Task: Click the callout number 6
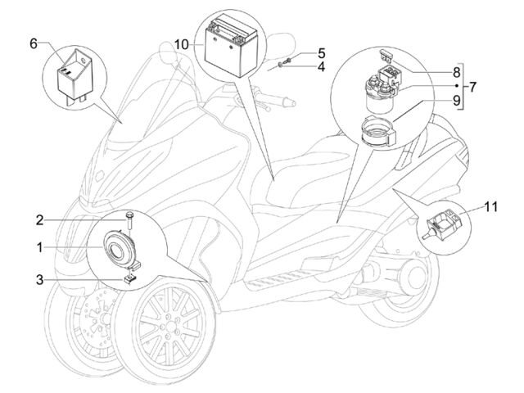pos(34,43)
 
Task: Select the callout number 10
pos(182,44)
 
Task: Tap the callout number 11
pos(491,207)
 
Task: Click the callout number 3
pos(40,280)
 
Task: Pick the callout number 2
pos(40,220)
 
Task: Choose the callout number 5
pos(321,53)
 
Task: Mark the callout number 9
pos(457,100)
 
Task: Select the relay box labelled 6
pos(75,78)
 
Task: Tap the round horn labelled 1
pos(120,249)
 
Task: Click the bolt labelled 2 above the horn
pos(129,219)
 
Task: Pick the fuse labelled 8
pos(386,55)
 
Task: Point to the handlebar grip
pos(284,99)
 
